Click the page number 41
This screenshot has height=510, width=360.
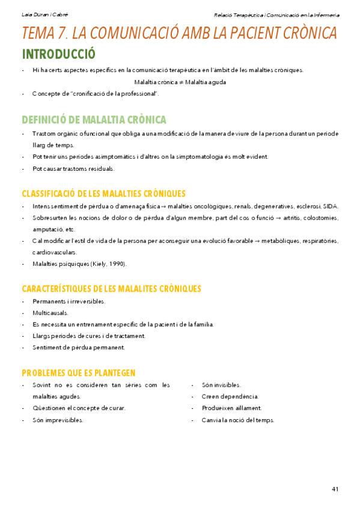pyautogui.click(x=335, y=489)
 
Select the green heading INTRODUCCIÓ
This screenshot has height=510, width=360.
pyautogui.click(x=58, y=54)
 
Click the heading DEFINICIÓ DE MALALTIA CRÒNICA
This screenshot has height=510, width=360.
pyautogui.click(x=94, y=120)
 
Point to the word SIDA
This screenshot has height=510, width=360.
pyautogui.click(x=331, y=206)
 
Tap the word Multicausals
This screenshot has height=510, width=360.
pyautogui.click(x=50, y=313)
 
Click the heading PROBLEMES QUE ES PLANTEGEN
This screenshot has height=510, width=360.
pyautogui.click(x=79, y=373)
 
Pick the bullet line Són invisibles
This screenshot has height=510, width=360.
pyautogui.click(x=222, y=385)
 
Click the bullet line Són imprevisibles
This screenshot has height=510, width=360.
pyautogui.click(x=58, y=420)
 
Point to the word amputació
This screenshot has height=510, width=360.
pyautogui.click(x=46, y=229)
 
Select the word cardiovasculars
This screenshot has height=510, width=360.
pyautogui.click(x=55, y=252)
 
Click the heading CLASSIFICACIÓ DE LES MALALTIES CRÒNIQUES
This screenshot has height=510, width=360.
pyautogui.click(x=103, y=194)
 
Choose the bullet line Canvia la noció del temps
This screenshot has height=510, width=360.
pyautogui.click(x=238, y=420)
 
